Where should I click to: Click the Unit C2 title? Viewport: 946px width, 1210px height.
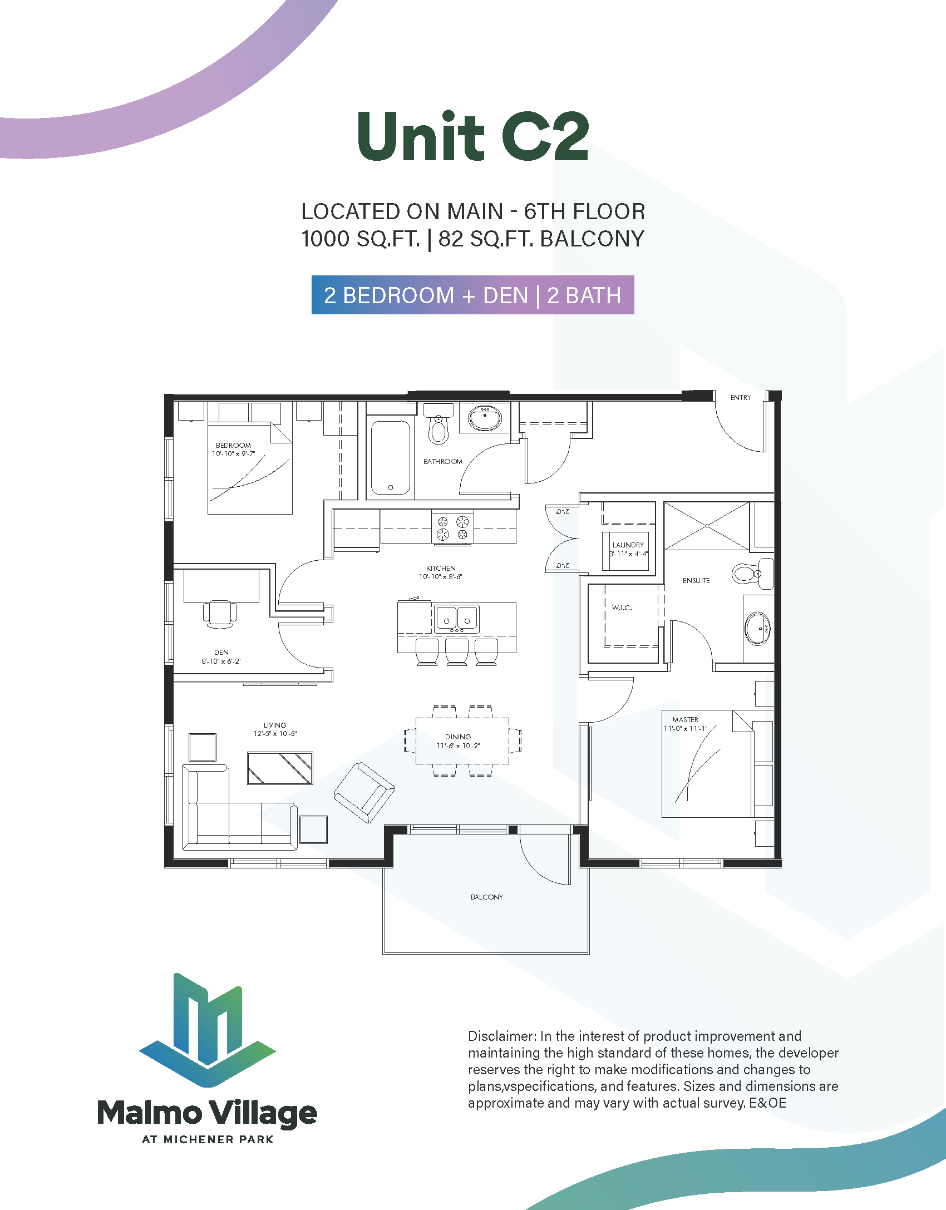coord(473,137)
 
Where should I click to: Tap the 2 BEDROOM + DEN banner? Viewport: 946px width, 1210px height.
coord(472,295)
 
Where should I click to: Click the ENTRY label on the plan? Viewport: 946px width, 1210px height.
coord(740,398)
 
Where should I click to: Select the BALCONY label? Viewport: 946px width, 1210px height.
coord(486,897)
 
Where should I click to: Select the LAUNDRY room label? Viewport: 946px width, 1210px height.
coord(628,545)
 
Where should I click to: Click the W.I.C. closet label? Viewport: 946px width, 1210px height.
coord(622,608)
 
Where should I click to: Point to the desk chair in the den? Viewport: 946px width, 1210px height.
coord(220,614)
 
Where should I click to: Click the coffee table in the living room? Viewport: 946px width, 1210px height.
coord(280,768)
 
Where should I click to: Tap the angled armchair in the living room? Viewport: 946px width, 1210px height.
coord(364,792)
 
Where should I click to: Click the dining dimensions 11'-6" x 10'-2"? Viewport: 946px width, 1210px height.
coord(458,746)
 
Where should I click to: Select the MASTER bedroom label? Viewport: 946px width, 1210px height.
coord(685,719)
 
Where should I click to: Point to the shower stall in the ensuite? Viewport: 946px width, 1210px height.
coord(706,526)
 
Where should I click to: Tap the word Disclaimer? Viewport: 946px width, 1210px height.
coord(502,1036)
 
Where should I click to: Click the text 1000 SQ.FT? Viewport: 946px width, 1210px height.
coord(360,239)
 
